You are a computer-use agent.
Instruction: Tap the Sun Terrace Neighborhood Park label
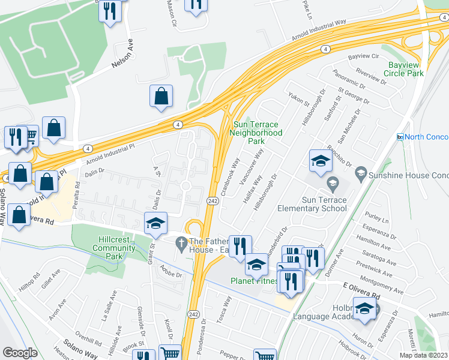[257, 133]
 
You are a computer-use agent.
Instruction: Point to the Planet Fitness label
[255, 280]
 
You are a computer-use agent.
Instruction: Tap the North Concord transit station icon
[400, 137]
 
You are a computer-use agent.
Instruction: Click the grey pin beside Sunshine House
[361, 174]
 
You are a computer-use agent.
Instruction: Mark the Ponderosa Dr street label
[203, 337]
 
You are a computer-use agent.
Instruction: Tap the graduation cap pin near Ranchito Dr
[321, 161]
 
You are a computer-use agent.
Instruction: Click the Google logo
[20, 353]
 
